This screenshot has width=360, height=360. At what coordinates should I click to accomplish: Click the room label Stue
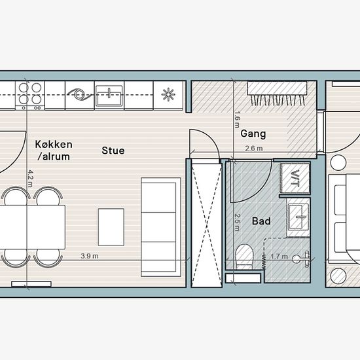113,151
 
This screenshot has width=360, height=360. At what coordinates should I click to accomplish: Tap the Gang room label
253,134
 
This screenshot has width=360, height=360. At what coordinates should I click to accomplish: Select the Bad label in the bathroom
261,221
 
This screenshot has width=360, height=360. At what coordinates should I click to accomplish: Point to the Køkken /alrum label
54,151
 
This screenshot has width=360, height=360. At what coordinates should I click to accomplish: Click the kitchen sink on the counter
109,96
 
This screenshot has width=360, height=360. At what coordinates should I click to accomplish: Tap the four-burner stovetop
30,96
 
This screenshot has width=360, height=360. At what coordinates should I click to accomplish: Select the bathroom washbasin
298,217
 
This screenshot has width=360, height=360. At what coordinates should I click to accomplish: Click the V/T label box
295,178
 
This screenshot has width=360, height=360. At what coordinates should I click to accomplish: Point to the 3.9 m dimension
90,256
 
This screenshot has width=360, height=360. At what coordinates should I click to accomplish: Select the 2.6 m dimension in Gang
254,149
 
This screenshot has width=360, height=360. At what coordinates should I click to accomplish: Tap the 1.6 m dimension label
238,119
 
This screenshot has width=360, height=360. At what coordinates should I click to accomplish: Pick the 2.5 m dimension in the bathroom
238,223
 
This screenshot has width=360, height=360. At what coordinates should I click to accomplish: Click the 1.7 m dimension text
279,256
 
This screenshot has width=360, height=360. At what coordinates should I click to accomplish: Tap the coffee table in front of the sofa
111,227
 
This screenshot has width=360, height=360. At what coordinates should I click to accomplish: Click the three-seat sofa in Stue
161,227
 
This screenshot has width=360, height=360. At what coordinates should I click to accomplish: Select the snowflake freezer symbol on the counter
168,94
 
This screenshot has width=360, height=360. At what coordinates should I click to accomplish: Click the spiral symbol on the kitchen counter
80,95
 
